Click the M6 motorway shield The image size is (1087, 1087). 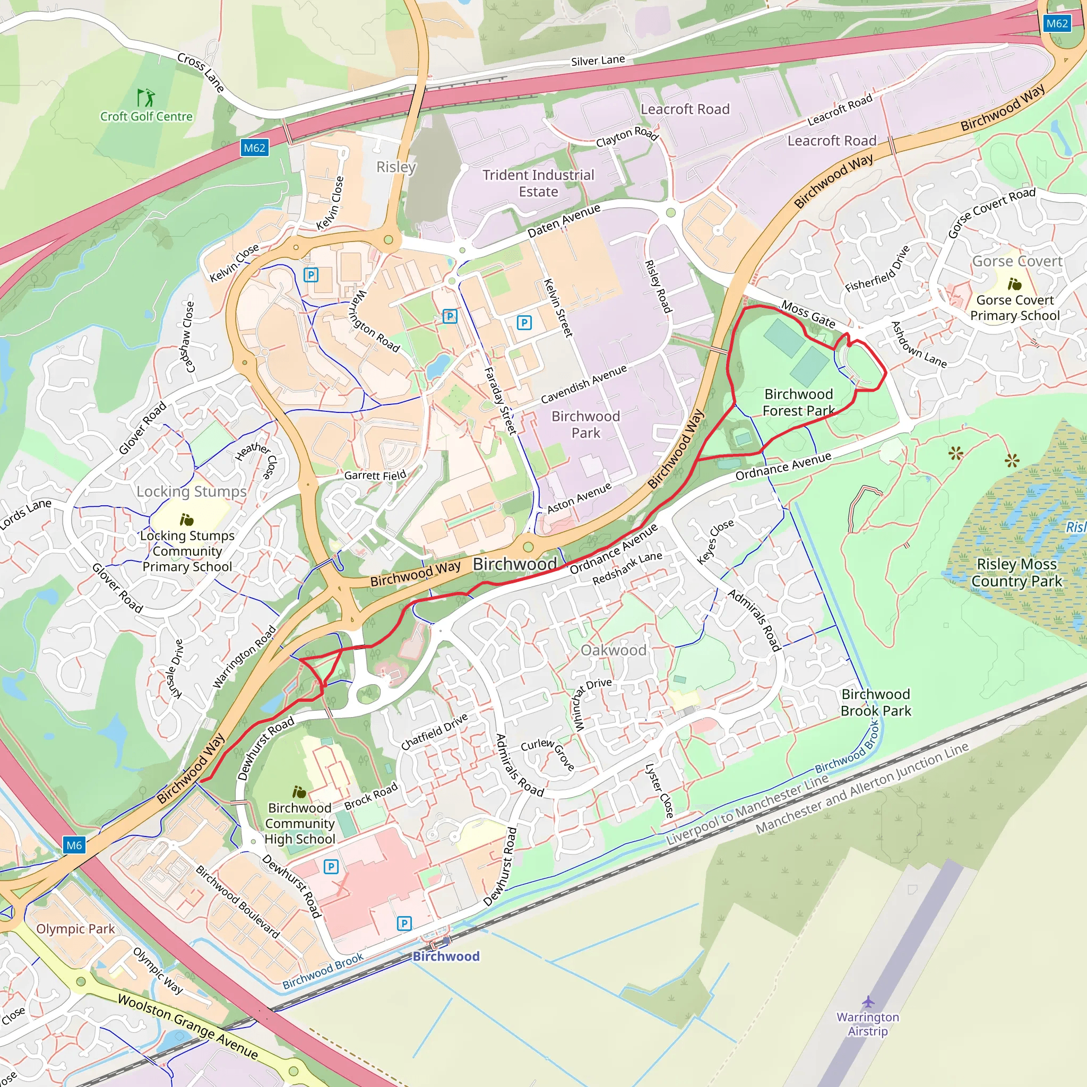click(74, 845)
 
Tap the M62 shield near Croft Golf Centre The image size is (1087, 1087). click(254, 148)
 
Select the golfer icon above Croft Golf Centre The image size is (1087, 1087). click(146, 97)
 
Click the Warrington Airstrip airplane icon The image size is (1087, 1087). click(868, 1002)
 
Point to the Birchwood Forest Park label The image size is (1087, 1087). click(798, 402)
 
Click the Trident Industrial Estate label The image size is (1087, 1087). click(538, 183)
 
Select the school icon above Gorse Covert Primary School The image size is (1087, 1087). click(1014, 283)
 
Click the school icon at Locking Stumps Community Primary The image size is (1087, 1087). click(186, 519)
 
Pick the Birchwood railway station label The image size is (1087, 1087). click(446, 956)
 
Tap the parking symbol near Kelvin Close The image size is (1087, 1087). click(310, 275)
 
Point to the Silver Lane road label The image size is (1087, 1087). click(598, 60)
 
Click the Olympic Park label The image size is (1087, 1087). click(75, 929)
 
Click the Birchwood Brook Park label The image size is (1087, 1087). click(875, 702)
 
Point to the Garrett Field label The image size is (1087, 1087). click(375, 476)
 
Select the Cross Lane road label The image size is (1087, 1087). click(201, 72)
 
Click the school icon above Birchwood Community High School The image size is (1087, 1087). click(299, 792)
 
